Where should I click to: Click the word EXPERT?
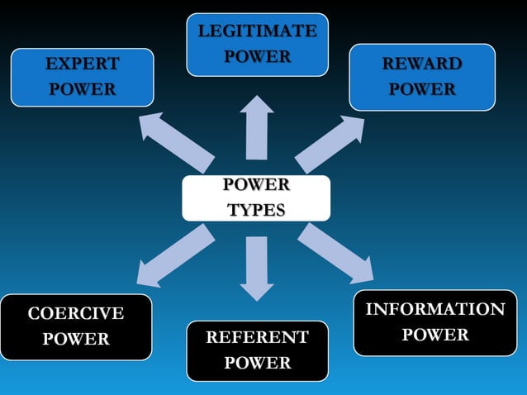click(83, 64)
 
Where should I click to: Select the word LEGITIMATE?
click(258, 31)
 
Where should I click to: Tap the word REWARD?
click(422, 64)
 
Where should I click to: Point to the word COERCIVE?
click(76, 313)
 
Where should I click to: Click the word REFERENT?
click(258, 337)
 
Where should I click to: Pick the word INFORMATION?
click(435, 309)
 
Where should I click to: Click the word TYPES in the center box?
click(256, 210)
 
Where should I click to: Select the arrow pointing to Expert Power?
click(177, 142)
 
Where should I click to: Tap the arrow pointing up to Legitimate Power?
click(257, 127)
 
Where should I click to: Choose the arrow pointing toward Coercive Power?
click(176, 255)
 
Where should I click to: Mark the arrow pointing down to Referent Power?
click(257, 269)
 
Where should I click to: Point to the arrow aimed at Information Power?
click(335, 254)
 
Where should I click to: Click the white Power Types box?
click(256, 198)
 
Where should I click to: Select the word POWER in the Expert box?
click(83, 89)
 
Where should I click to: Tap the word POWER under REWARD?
click(422, 89)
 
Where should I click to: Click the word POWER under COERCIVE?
click(76, 339)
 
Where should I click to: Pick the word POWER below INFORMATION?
click(435, 335)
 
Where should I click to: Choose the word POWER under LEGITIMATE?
click(258, 56)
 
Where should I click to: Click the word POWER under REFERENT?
click(258, 363)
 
